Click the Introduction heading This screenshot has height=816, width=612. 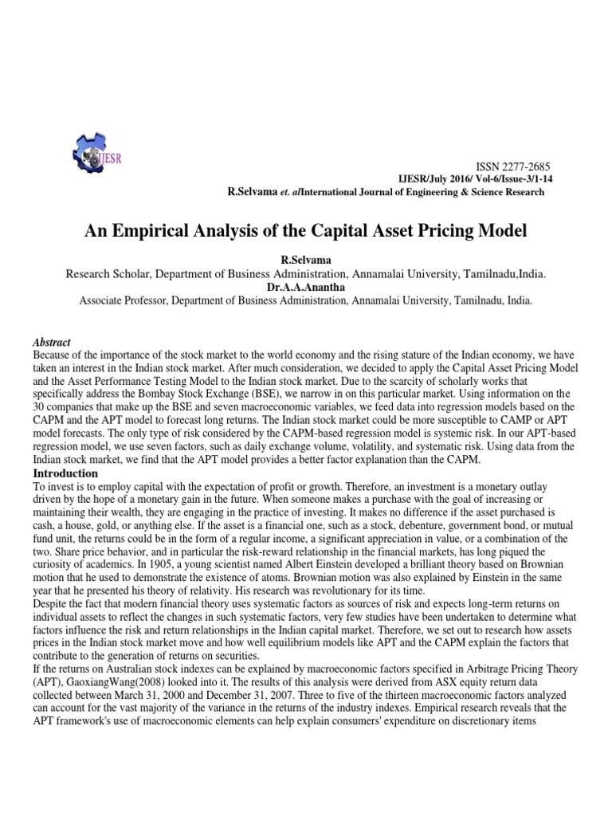(61, 474)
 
